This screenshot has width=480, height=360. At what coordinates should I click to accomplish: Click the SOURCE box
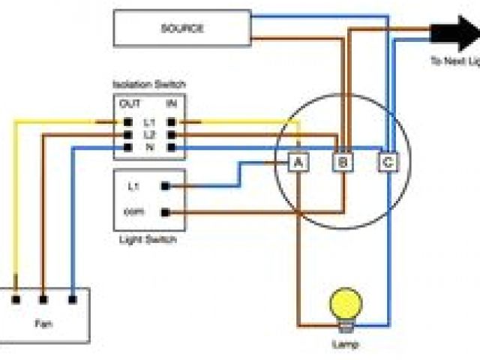point(181,28)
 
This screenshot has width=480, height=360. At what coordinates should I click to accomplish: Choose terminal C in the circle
point(388,161)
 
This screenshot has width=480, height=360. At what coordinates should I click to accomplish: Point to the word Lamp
point(345,345)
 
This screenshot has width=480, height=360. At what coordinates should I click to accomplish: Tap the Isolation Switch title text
point(148,85)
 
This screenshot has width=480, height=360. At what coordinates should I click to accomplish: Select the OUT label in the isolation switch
point(129,103)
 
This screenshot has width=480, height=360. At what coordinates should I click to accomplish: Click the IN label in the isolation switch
point(171,103)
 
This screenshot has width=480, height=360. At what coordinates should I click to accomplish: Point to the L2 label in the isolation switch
point(148,134)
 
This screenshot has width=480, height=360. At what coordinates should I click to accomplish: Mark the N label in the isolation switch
point(148,147)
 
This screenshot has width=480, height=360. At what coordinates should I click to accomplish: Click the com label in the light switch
point(133,212)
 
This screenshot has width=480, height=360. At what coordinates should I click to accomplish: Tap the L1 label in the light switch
point(133,185)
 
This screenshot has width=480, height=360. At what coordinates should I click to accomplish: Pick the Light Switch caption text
point(148,240)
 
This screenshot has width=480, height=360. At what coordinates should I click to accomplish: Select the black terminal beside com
point(164,212)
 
